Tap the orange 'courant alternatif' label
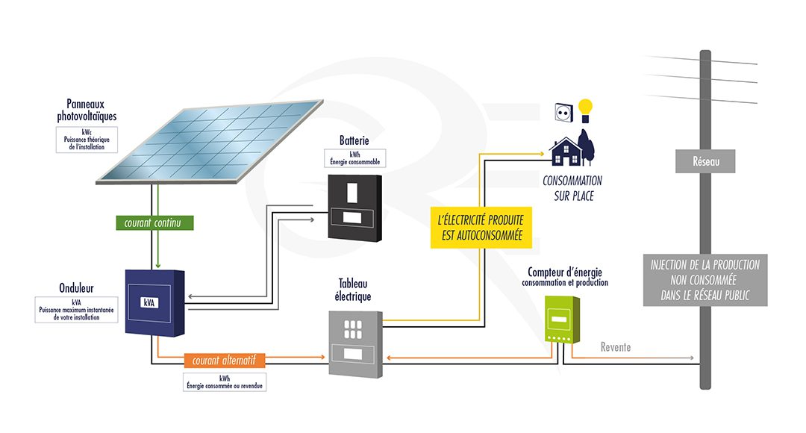pos(224,361)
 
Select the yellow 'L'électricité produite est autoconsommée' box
pos(481,228)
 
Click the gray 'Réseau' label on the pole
pos(705,160)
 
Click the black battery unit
pos(354,208)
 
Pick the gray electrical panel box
pos(355,341)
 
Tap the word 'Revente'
pos(616,347)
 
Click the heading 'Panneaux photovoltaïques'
pos(87,111)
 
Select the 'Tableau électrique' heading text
pos(354,290)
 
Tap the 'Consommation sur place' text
pos(572,188)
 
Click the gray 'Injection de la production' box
pos(705,280)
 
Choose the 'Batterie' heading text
pos(354,140)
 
